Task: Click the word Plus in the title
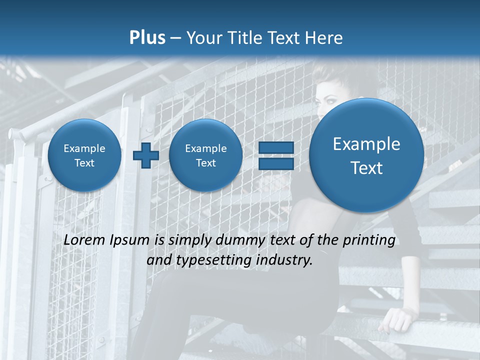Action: tap(147, 38)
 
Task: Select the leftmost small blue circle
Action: tap(84, 155)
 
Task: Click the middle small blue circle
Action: tap(205, 155)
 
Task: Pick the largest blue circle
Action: tap(366, 155)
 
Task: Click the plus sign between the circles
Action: tap(145, 155)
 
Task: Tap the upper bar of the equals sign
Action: tap(276, 147)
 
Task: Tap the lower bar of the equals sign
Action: tap(276, 163)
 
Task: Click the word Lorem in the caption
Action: tap(84, 240)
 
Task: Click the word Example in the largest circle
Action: tap(366, 144)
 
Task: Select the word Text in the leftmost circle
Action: tap(84, 163)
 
